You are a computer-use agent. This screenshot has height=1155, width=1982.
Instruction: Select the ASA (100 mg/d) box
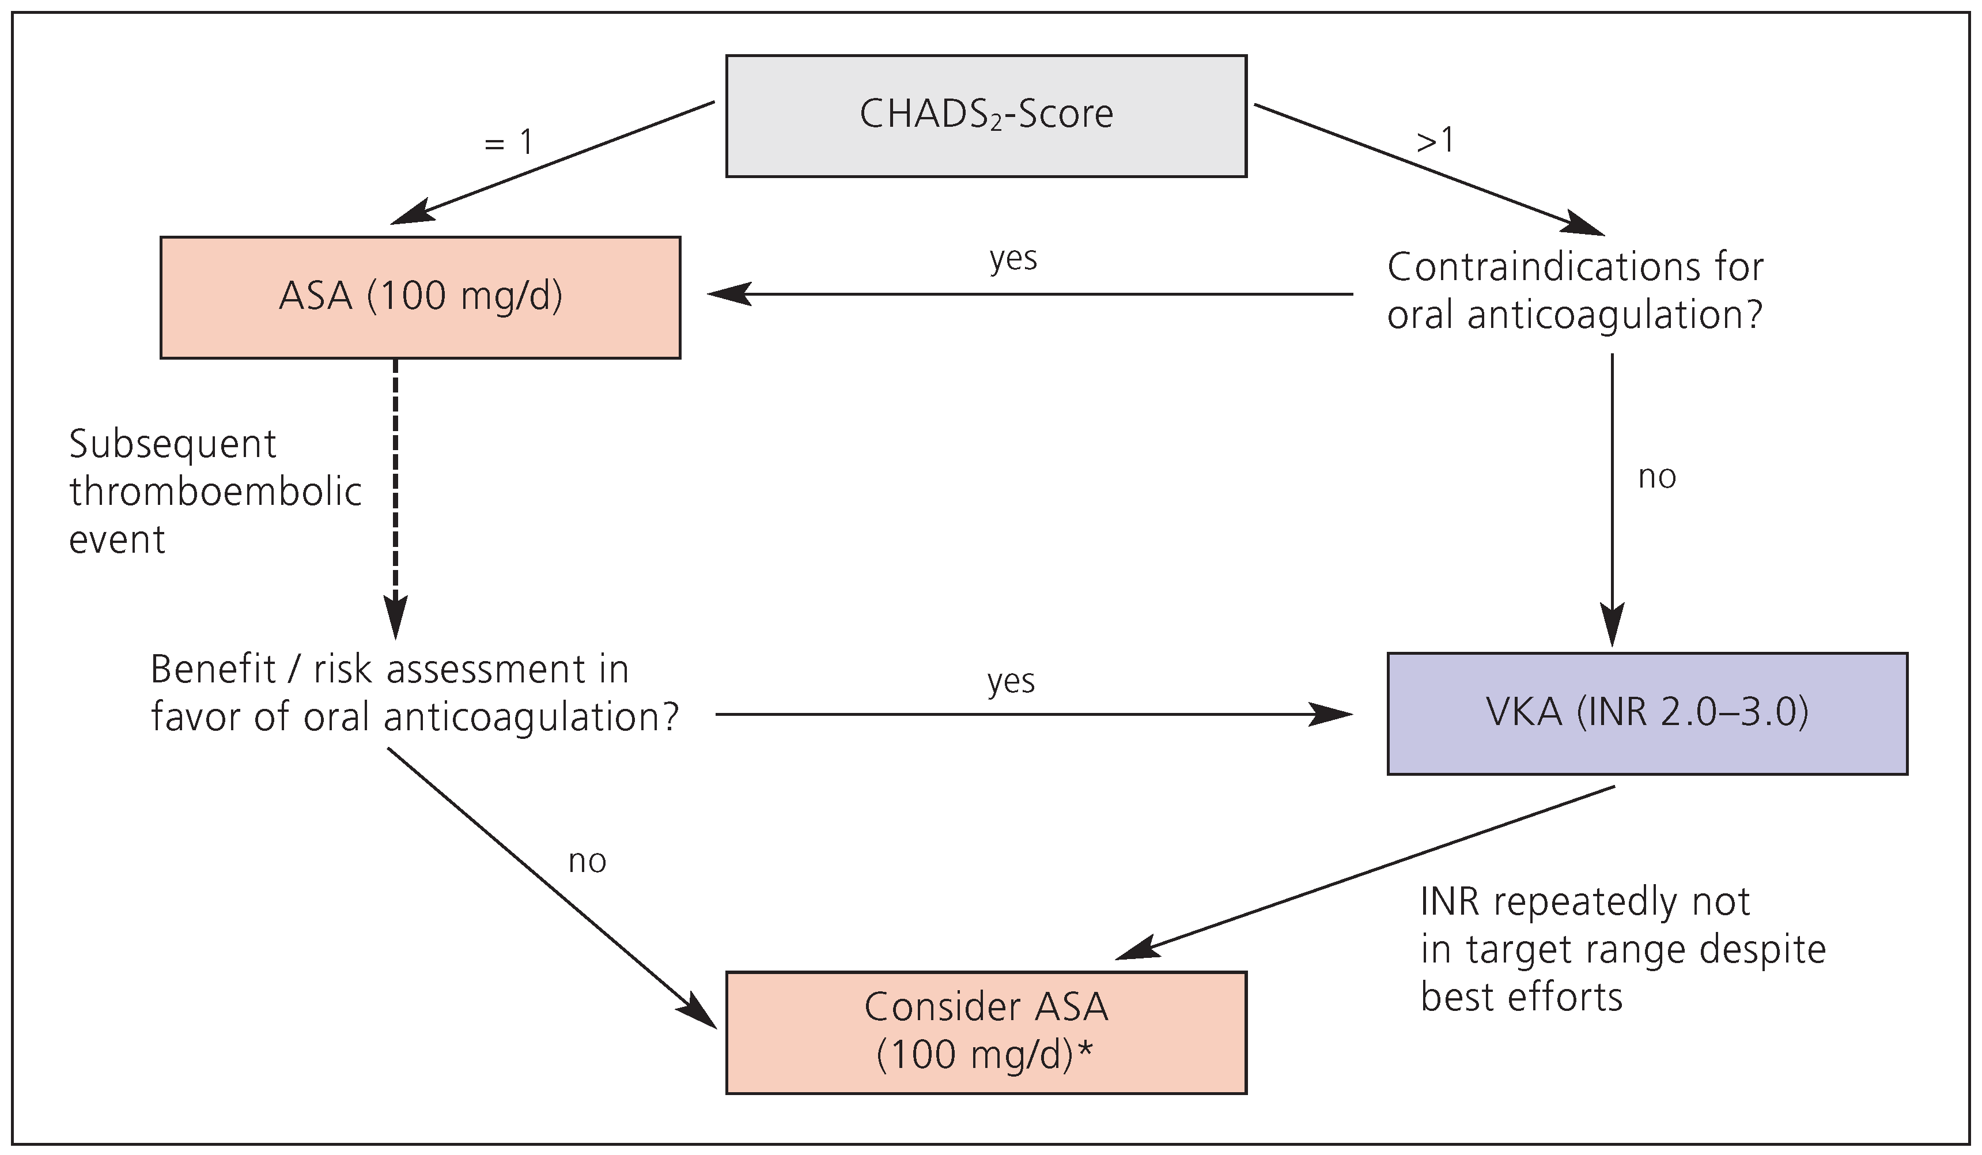[420, 297]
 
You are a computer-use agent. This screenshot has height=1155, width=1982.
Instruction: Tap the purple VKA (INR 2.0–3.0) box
[1647, 714]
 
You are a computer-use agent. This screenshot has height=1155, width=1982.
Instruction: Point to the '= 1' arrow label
[509, 143]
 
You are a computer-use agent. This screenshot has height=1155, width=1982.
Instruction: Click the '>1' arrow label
[1435, 141]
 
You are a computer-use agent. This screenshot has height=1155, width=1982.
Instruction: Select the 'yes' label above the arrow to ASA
[1013, 258]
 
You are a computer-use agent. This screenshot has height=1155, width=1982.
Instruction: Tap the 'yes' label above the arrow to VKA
[1011, 681]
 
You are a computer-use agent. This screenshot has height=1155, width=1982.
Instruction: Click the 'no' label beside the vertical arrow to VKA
[1656, 477]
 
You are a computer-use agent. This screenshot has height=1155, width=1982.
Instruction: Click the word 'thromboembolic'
[215, 493]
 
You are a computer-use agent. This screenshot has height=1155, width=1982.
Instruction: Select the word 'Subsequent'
[172, 444]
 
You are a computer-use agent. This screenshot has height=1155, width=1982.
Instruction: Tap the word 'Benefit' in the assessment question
[213, 670]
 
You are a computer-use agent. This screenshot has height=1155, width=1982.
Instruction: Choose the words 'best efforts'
[1521, 998]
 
